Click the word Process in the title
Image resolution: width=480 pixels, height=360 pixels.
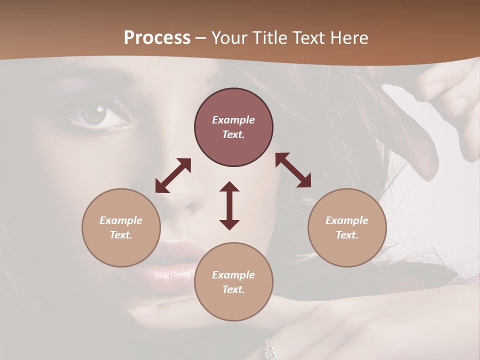pos(157,38)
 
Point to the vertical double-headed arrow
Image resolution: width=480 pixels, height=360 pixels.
pos(229,205)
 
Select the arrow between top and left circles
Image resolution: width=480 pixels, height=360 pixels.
pos(173,175)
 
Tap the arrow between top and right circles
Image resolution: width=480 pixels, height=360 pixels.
pos(293,170)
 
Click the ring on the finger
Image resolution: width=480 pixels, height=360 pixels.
pos(270,349)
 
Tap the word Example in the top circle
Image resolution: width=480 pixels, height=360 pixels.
pos(233,120)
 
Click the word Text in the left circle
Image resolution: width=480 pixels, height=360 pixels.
pos(121,235)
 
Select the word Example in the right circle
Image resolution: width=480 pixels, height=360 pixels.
pos(347,220)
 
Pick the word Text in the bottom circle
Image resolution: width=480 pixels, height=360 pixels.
pos(233,289)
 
